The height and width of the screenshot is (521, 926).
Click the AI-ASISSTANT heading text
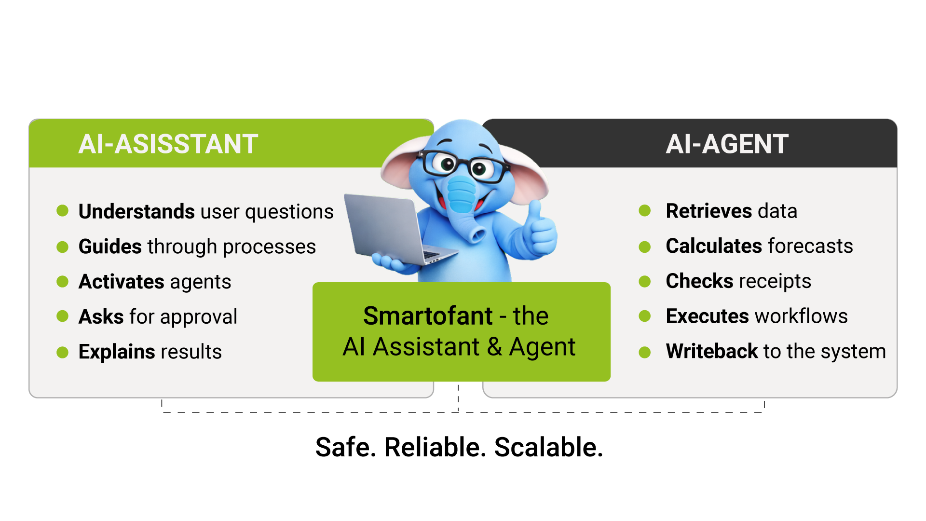coord(168,144)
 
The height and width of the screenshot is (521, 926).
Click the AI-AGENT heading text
coord(727,144)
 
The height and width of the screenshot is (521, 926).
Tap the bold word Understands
coord(136,211)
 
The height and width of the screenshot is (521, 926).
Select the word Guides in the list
coord(110,247)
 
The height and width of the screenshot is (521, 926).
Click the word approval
coord(199,317)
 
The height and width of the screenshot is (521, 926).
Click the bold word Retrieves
coord(708,211)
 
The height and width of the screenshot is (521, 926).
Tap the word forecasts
coord(810,246)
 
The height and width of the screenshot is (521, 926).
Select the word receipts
coord(775,281)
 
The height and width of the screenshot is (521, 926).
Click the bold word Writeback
coord(712,351)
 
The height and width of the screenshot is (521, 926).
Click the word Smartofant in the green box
coord(428,316)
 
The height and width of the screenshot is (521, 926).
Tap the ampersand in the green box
coord(494,346)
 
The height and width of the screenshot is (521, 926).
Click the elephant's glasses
coord(463,165)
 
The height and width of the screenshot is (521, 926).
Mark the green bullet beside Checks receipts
coord(644,281)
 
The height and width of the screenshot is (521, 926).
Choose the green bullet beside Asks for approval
coord(62,316)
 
